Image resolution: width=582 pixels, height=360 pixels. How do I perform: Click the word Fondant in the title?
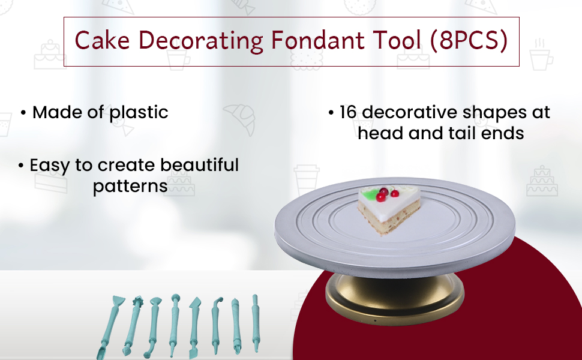coord(317,40)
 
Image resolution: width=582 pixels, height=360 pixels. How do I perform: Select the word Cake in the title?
coord(103,40)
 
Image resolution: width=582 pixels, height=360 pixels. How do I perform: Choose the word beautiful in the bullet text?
coord(200,165)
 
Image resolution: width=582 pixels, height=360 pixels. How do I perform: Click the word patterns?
coord(130,187)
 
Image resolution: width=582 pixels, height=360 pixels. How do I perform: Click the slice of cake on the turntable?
coord(388,209)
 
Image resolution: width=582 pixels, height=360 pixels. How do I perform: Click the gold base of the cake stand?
coord(395,299)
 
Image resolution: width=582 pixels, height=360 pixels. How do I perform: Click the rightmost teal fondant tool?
coord(256,323)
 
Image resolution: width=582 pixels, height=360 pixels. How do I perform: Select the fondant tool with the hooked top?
coord(216,325)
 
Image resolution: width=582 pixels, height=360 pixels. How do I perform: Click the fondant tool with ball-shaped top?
coord(174,325)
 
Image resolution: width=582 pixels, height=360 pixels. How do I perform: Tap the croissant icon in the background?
coord(240,118)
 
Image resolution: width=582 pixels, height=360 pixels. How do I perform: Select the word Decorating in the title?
coord(200,41)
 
